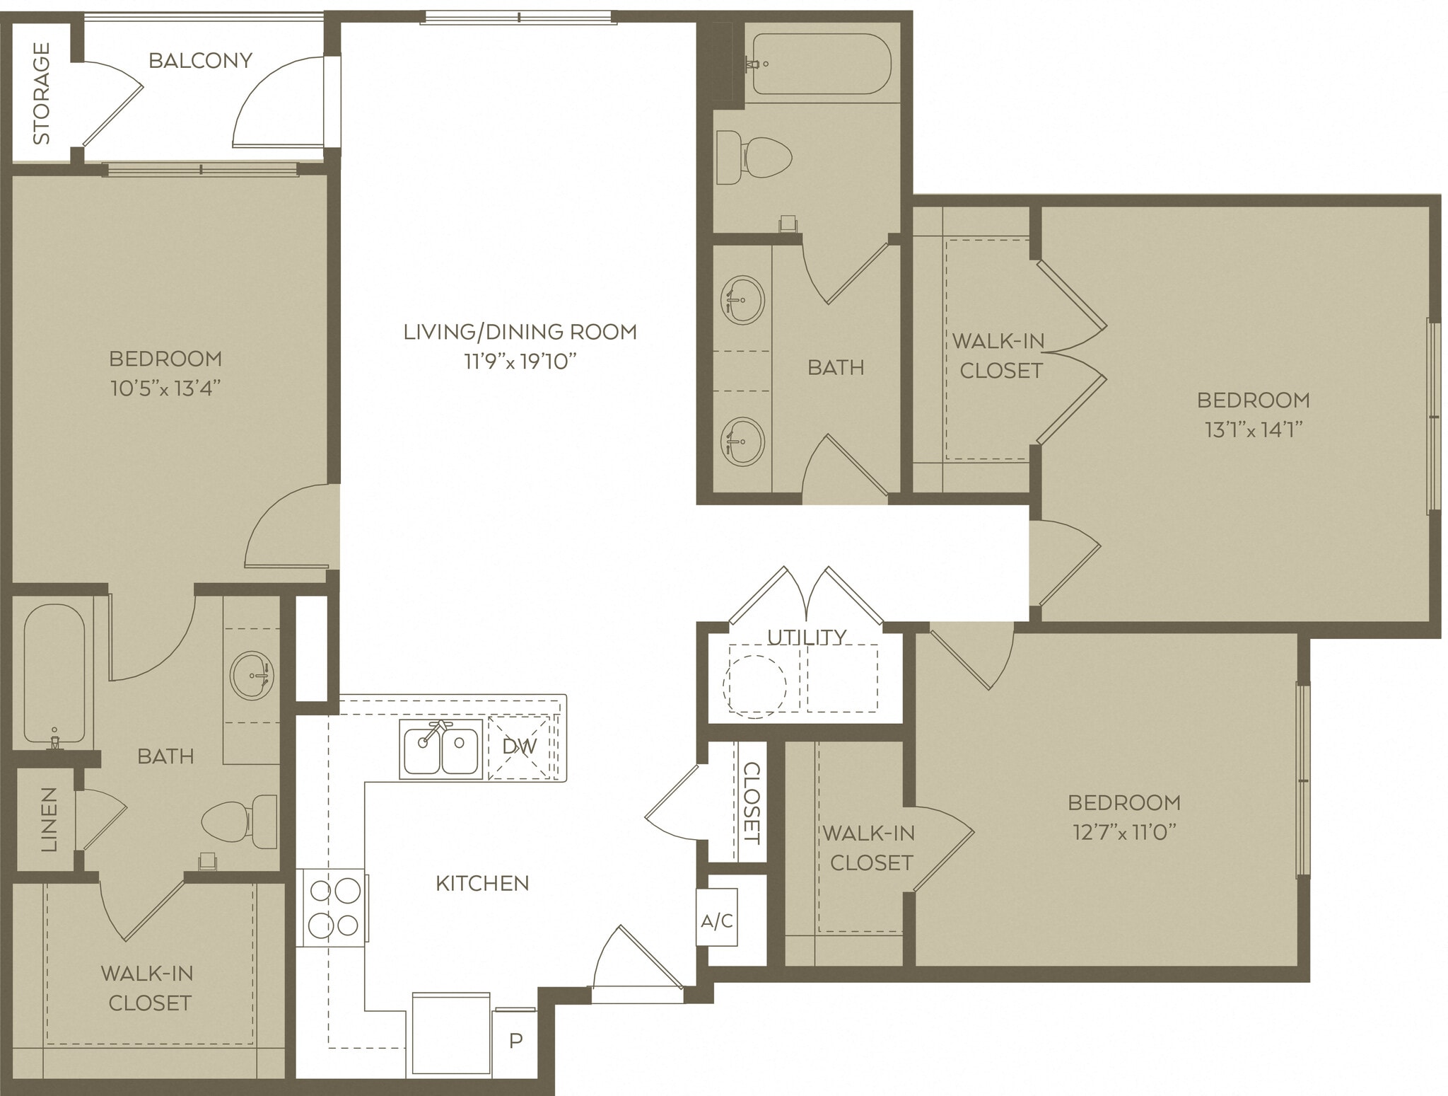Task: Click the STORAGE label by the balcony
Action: tap(42, 93)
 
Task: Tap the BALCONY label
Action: tap(200, 61)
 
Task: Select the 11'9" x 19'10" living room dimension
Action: tap(520, 362)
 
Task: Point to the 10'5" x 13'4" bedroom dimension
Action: tap(165, 388)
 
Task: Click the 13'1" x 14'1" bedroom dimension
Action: tap(1253, 429)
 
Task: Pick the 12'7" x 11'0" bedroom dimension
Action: tap(1123, 832)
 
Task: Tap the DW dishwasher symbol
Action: tap(520, 746)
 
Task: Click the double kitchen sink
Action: tap(440, 748)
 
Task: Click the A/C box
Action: tap(716, 921)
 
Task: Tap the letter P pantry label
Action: tap(515, 1041)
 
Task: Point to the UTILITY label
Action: tap(806, 637)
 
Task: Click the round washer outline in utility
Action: tap(754, 686)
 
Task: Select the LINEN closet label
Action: tap(48, 819)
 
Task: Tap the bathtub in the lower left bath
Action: tap(54, 672)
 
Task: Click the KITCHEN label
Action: tap(482, 883)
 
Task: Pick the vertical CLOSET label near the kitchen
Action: tap(751, 802)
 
